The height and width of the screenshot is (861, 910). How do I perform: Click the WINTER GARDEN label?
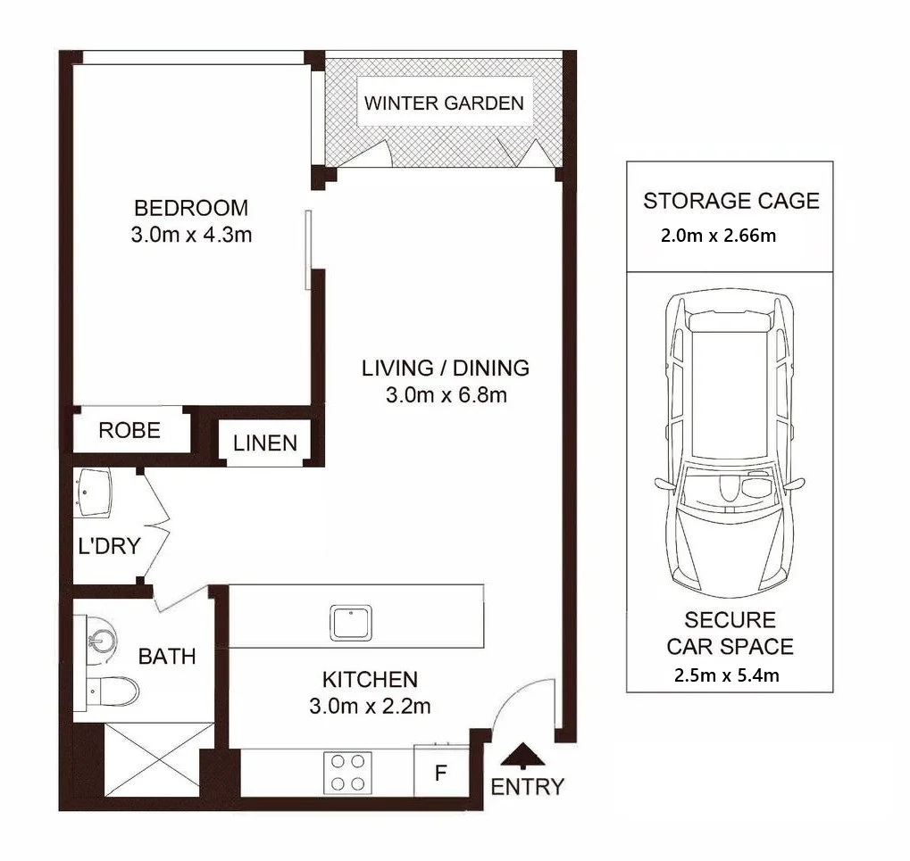[x=444, y=103]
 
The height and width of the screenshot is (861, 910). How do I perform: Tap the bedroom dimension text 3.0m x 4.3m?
[x=191, y=235]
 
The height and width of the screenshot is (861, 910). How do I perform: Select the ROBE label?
[x=129, y=430]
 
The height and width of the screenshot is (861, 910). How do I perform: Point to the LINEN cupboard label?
[x=265, y=443]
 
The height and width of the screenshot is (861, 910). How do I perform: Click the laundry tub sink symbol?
[x=92, y=493]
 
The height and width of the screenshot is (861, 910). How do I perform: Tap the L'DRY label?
[x=109, y=545]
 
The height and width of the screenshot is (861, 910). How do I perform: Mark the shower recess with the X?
[x=159, y=759]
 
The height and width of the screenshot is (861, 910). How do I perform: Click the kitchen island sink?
[x=351, y=624]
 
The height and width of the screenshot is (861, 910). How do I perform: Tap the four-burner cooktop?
[x=347, y=773]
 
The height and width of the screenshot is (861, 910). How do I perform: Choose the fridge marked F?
[x=441, y=772]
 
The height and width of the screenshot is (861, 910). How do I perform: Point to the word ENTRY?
[x=528, y=787]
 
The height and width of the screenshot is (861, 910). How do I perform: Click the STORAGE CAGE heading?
[x=731, y=201]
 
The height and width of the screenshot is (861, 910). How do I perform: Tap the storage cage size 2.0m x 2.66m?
[x=719, y=236]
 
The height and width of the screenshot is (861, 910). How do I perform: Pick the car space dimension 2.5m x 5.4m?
[x=727, y=675]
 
